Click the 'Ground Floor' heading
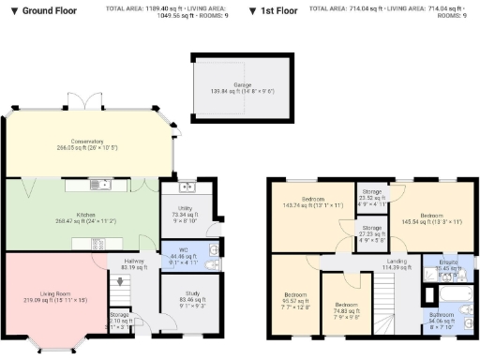pyautogui.click(x=43, y=10)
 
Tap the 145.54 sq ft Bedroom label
pyautogui.click(x=432, y=218)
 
